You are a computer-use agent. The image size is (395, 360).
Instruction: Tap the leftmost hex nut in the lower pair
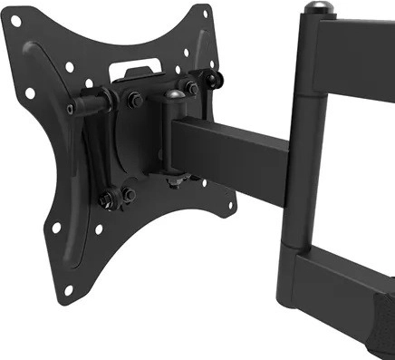click(107, 199)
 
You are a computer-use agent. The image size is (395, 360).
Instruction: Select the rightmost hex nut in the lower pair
click(129, 193)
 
